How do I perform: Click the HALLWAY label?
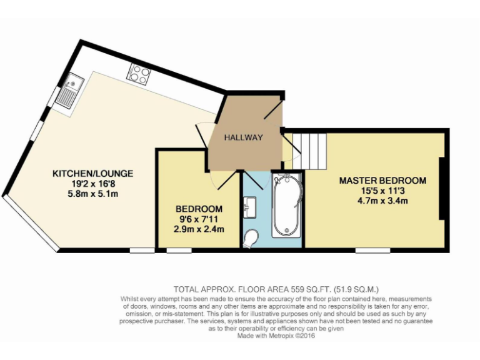tap(244, 137)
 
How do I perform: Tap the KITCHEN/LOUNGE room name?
tap(92, 173)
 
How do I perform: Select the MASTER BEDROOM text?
tap(382, 181)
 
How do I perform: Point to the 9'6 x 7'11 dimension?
tap(199, 219)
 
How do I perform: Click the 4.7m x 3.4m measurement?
tap(382, 201)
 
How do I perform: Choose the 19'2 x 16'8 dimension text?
tap(92, 184)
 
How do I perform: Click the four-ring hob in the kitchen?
tap(138, 75)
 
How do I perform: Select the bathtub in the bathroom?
tap(287, 206)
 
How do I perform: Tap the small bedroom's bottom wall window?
tap(179, 251)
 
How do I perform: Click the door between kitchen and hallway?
tap(203, 133)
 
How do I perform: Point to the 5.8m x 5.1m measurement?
tap(92, 194)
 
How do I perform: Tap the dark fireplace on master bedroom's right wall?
tap(442, 188)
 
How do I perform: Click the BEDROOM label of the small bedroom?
tap(199, 209)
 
